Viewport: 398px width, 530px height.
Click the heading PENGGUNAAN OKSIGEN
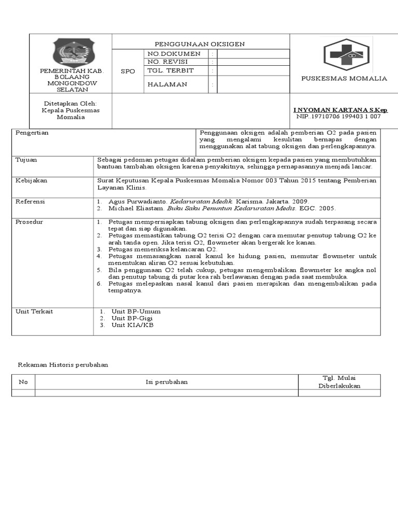[x=200, y=44]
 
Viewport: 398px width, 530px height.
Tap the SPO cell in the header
[x=127, y=71]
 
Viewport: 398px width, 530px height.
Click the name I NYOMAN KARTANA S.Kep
[x=340, y=110]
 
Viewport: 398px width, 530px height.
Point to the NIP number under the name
[x=338, y=116]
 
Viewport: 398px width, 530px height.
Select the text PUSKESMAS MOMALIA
[x=344, y=78]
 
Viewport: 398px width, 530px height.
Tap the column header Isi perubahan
[x=166, y=382]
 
